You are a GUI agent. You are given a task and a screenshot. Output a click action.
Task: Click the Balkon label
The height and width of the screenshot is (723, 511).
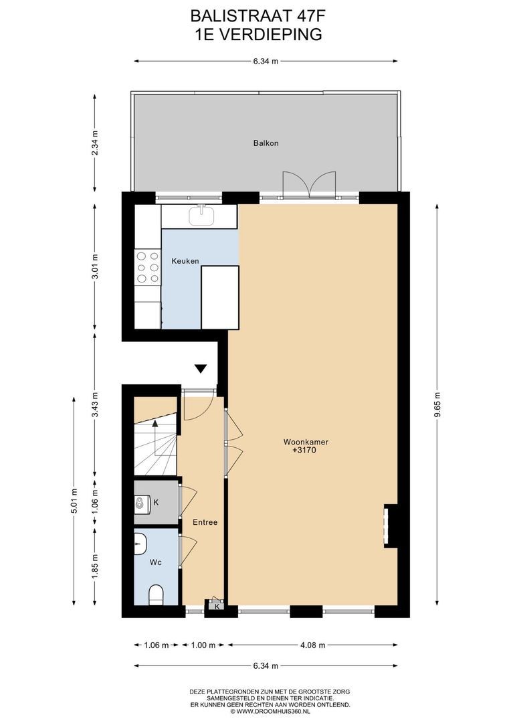(266, 143)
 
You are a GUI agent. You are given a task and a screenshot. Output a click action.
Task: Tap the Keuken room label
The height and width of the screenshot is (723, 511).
(185, 261)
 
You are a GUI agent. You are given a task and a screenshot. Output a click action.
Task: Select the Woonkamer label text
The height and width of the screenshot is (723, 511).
(306, 442)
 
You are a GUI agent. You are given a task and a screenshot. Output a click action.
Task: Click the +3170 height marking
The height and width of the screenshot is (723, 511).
(304, 450)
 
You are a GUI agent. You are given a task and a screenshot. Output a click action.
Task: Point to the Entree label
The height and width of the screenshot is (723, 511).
(205, 522)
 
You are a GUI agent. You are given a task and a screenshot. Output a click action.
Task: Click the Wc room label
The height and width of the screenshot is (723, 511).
(155, 562)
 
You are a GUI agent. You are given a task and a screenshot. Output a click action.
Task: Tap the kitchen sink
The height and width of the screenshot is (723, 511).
(201, 216)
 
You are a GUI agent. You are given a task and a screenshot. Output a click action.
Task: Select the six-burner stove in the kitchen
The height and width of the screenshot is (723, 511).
(147, 267)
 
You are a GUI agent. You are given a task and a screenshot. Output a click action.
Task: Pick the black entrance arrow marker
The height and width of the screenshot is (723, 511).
(201, 368)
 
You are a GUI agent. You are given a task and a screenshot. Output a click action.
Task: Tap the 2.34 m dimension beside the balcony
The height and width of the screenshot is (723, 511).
(95, 143)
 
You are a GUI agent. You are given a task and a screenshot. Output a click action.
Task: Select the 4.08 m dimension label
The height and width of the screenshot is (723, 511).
(313, 645)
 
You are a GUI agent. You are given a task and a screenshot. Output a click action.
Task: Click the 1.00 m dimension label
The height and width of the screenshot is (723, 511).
(203, 645)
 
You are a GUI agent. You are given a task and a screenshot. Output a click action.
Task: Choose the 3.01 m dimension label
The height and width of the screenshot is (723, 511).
(95, 266)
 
